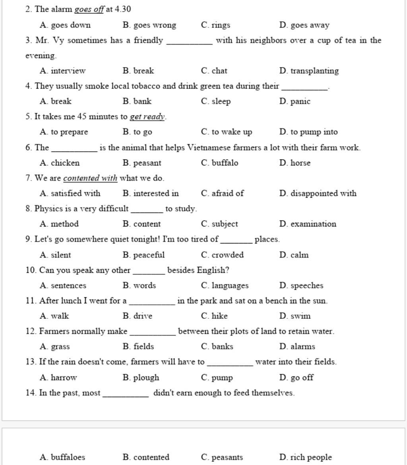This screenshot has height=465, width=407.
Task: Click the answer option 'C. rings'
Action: [x=215, y=25]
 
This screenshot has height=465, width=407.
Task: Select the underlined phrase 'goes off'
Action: [x=89, y=9]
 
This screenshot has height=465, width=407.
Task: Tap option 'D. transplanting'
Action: [x=309, y=71]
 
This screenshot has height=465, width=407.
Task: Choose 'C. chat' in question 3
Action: [x=214, y=71]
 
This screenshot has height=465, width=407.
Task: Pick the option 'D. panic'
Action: [x=295, y=101]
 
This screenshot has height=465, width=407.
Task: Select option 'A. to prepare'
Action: [x=64, y=132]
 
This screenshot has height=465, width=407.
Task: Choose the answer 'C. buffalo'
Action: [x=220, y=163]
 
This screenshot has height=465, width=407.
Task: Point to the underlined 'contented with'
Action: [x=90, y=178]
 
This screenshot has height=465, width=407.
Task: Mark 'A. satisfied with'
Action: [x=70, y=194]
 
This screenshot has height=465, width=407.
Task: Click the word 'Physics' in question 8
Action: [x=48, y=209]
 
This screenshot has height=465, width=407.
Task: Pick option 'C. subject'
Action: [x=219, y=224]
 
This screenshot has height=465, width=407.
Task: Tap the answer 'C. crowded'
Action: [x=222, y=255]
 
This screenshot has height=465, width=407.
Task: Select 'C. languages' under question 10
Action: [x=225, y=286]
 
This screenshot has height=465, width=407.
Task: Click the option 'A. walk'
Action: [x=54, y=316]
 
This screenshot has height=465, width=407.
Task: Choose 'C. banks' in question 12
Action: [x=217, y=347]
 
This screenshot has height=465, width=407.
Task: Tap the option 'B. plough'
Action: [x=141, y=378]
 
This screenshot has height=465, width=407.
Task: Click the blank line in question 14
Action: [x=126, y=395]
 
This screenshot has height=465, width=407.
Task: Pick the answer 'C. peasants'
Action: [x=222, y=457]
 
